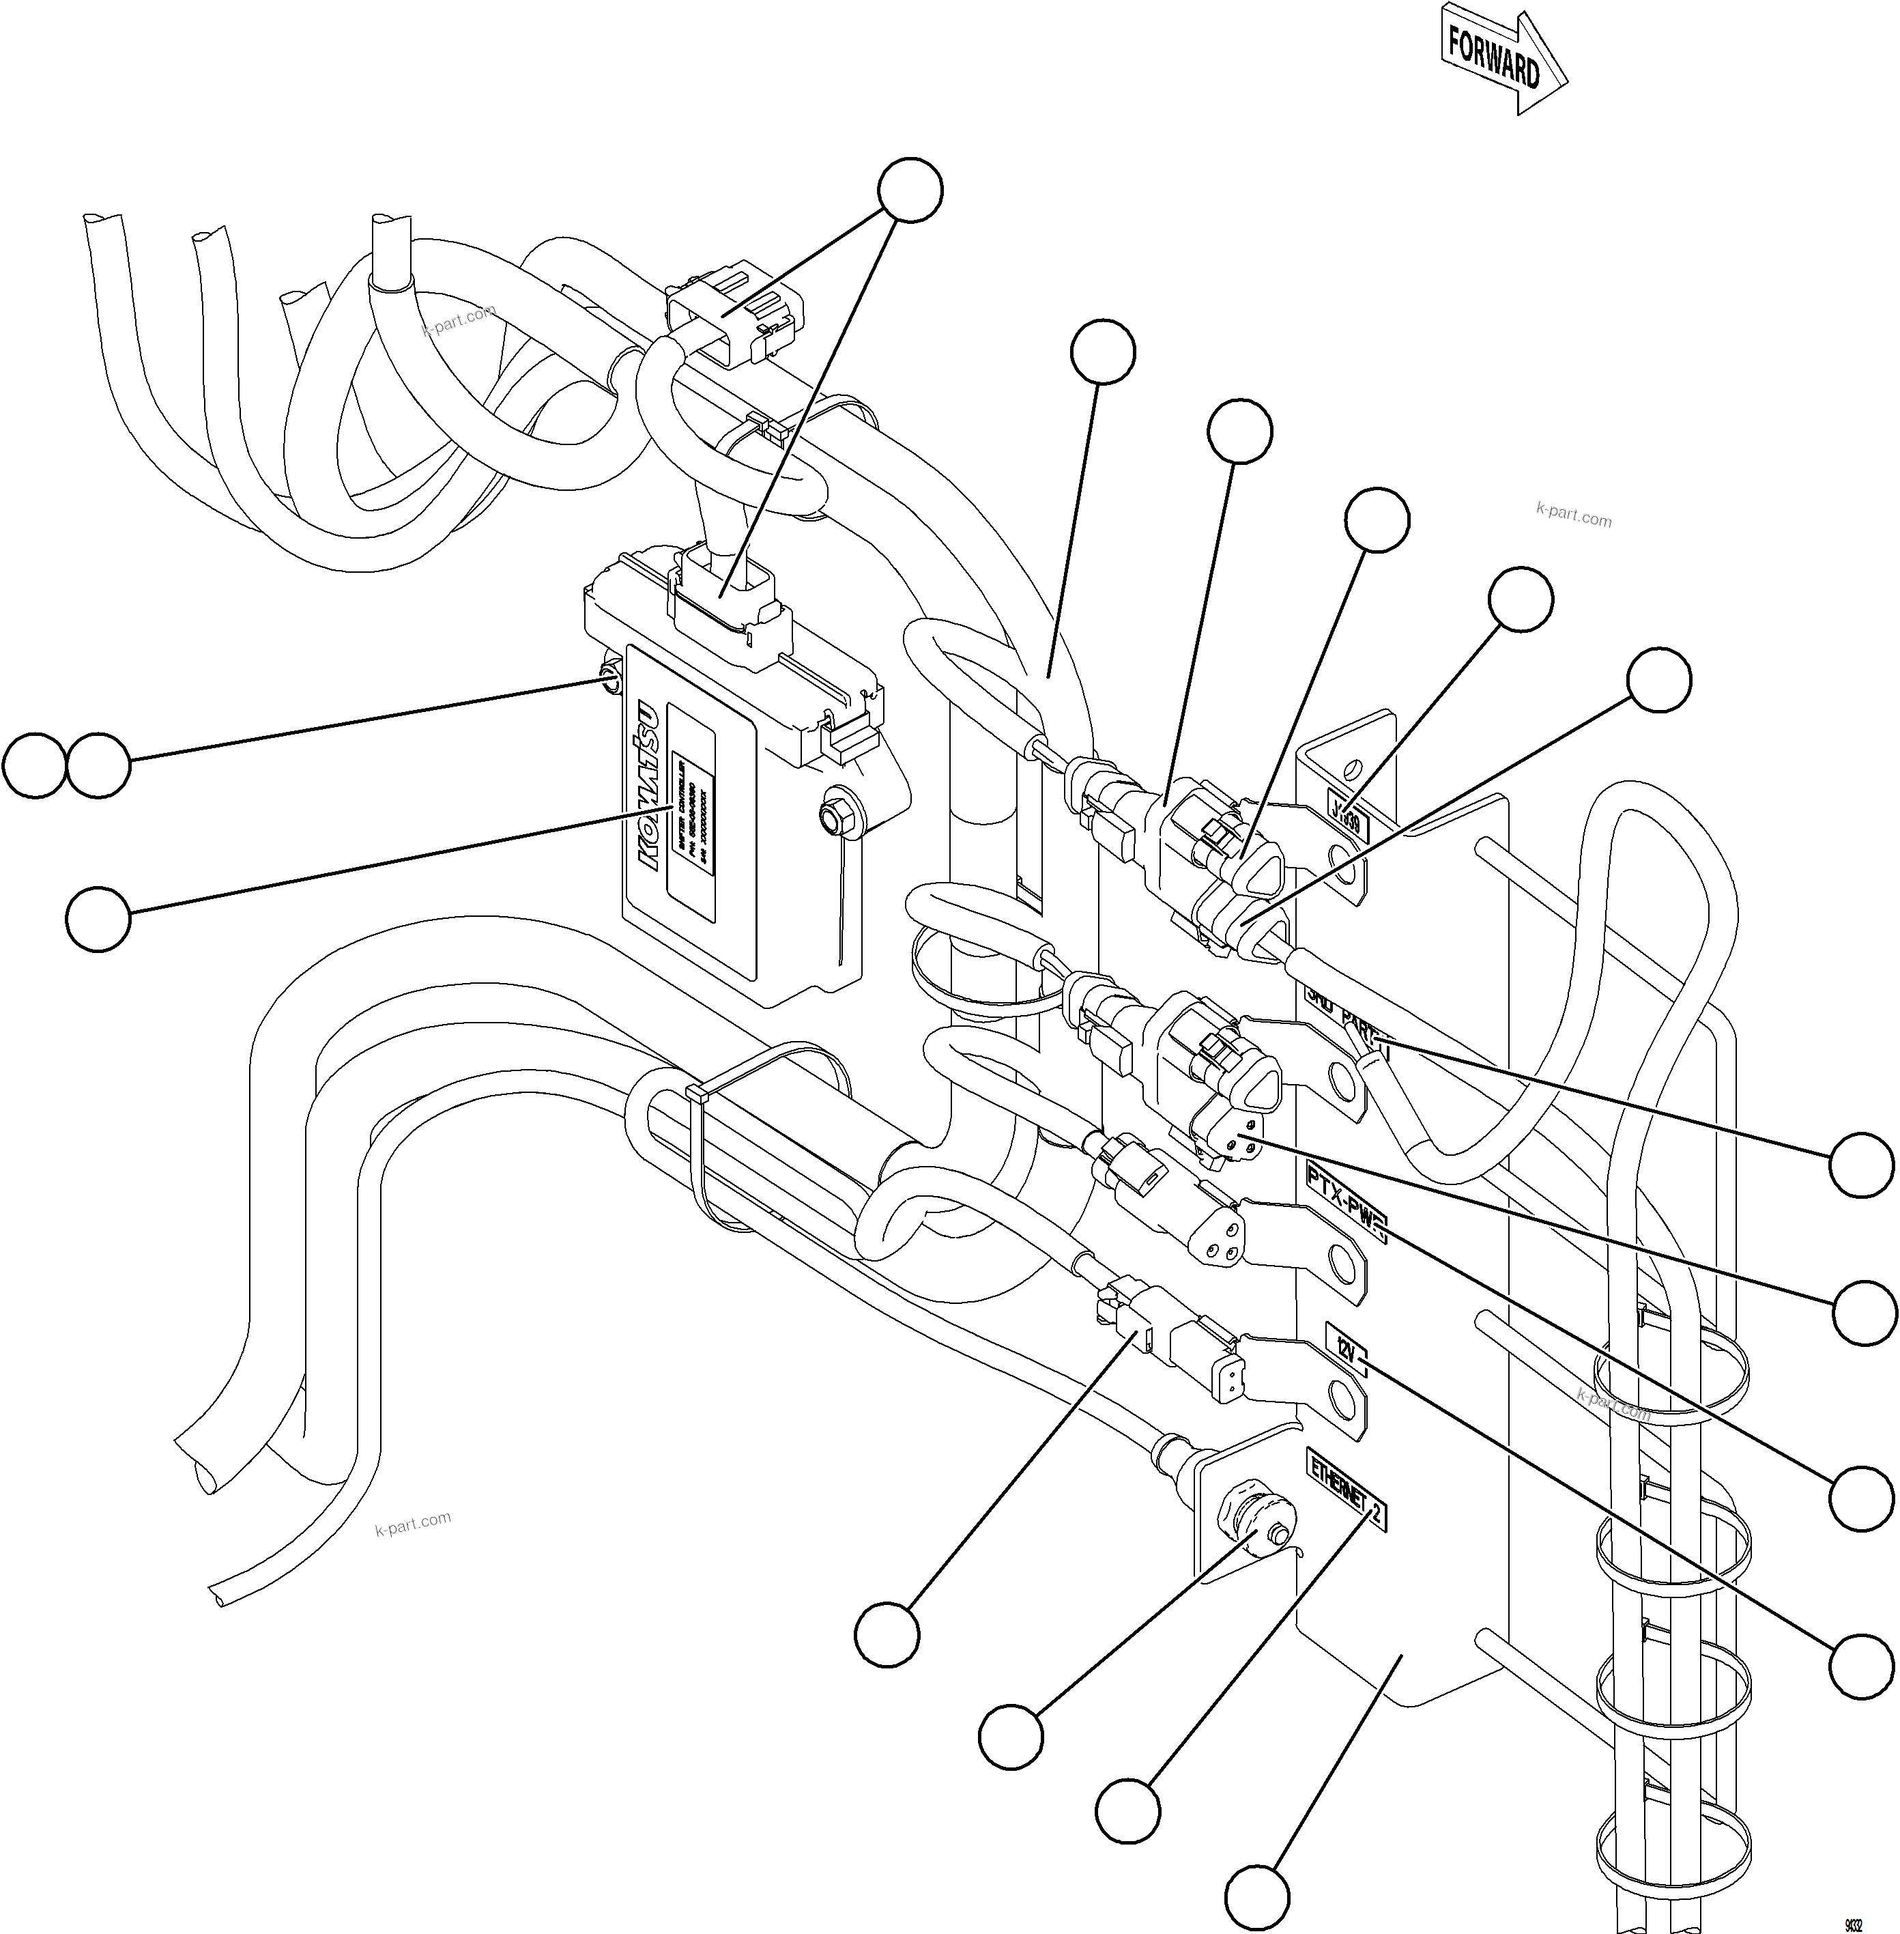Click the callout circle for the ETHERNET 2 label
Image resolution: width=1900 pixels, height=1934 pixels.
(1127, 1808)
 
